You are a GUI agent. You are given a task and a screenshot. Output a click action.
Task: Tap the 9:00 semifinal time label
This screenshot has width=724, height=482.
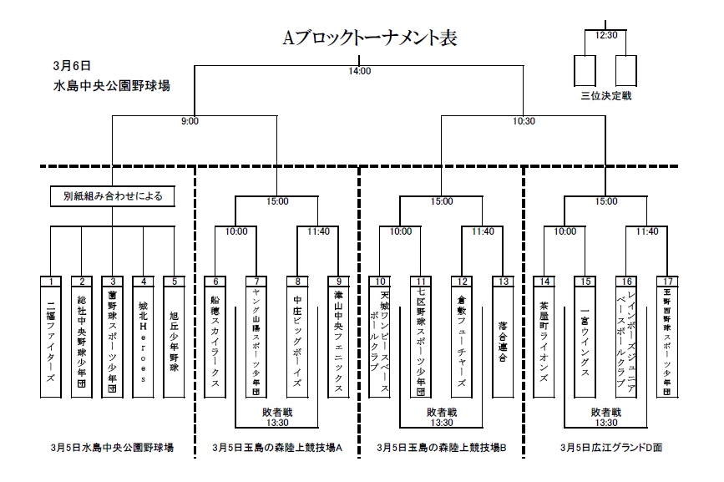click(190, 121)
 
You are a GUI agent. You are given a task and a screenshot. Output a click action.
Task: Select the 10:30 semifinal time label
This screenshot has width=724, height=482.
click(524, 121)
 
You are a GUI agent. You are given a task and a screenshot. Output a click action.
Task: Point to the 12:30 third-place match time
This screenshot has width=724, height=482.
click(605, 35)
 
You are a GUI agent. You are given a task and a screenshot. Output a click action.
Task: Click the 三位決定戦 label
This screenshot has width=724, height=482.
click(606, 96)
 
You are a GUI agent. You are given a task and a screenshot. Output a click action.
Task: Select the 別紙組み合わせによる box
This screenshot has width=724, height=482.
click(112, 197)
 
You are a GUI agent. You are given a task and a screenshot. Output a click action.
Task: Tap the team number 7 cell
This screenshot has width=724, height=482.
click(257, 282)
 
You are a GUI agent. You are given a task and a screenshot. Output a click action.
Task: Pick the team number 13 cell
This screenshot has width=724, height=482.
click(503, 282)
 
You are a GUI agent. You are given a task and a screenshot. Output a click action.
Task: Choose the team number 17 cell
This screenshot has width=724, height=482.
click(667, 282)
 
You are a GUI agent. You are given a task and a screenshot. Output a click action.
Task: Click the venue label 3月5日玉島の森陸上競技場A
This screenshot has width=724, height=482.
click(278, 448)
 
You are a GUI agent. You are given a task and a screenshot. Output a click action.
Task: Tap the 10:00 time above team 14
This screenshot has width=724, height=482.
click(565, 231)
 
